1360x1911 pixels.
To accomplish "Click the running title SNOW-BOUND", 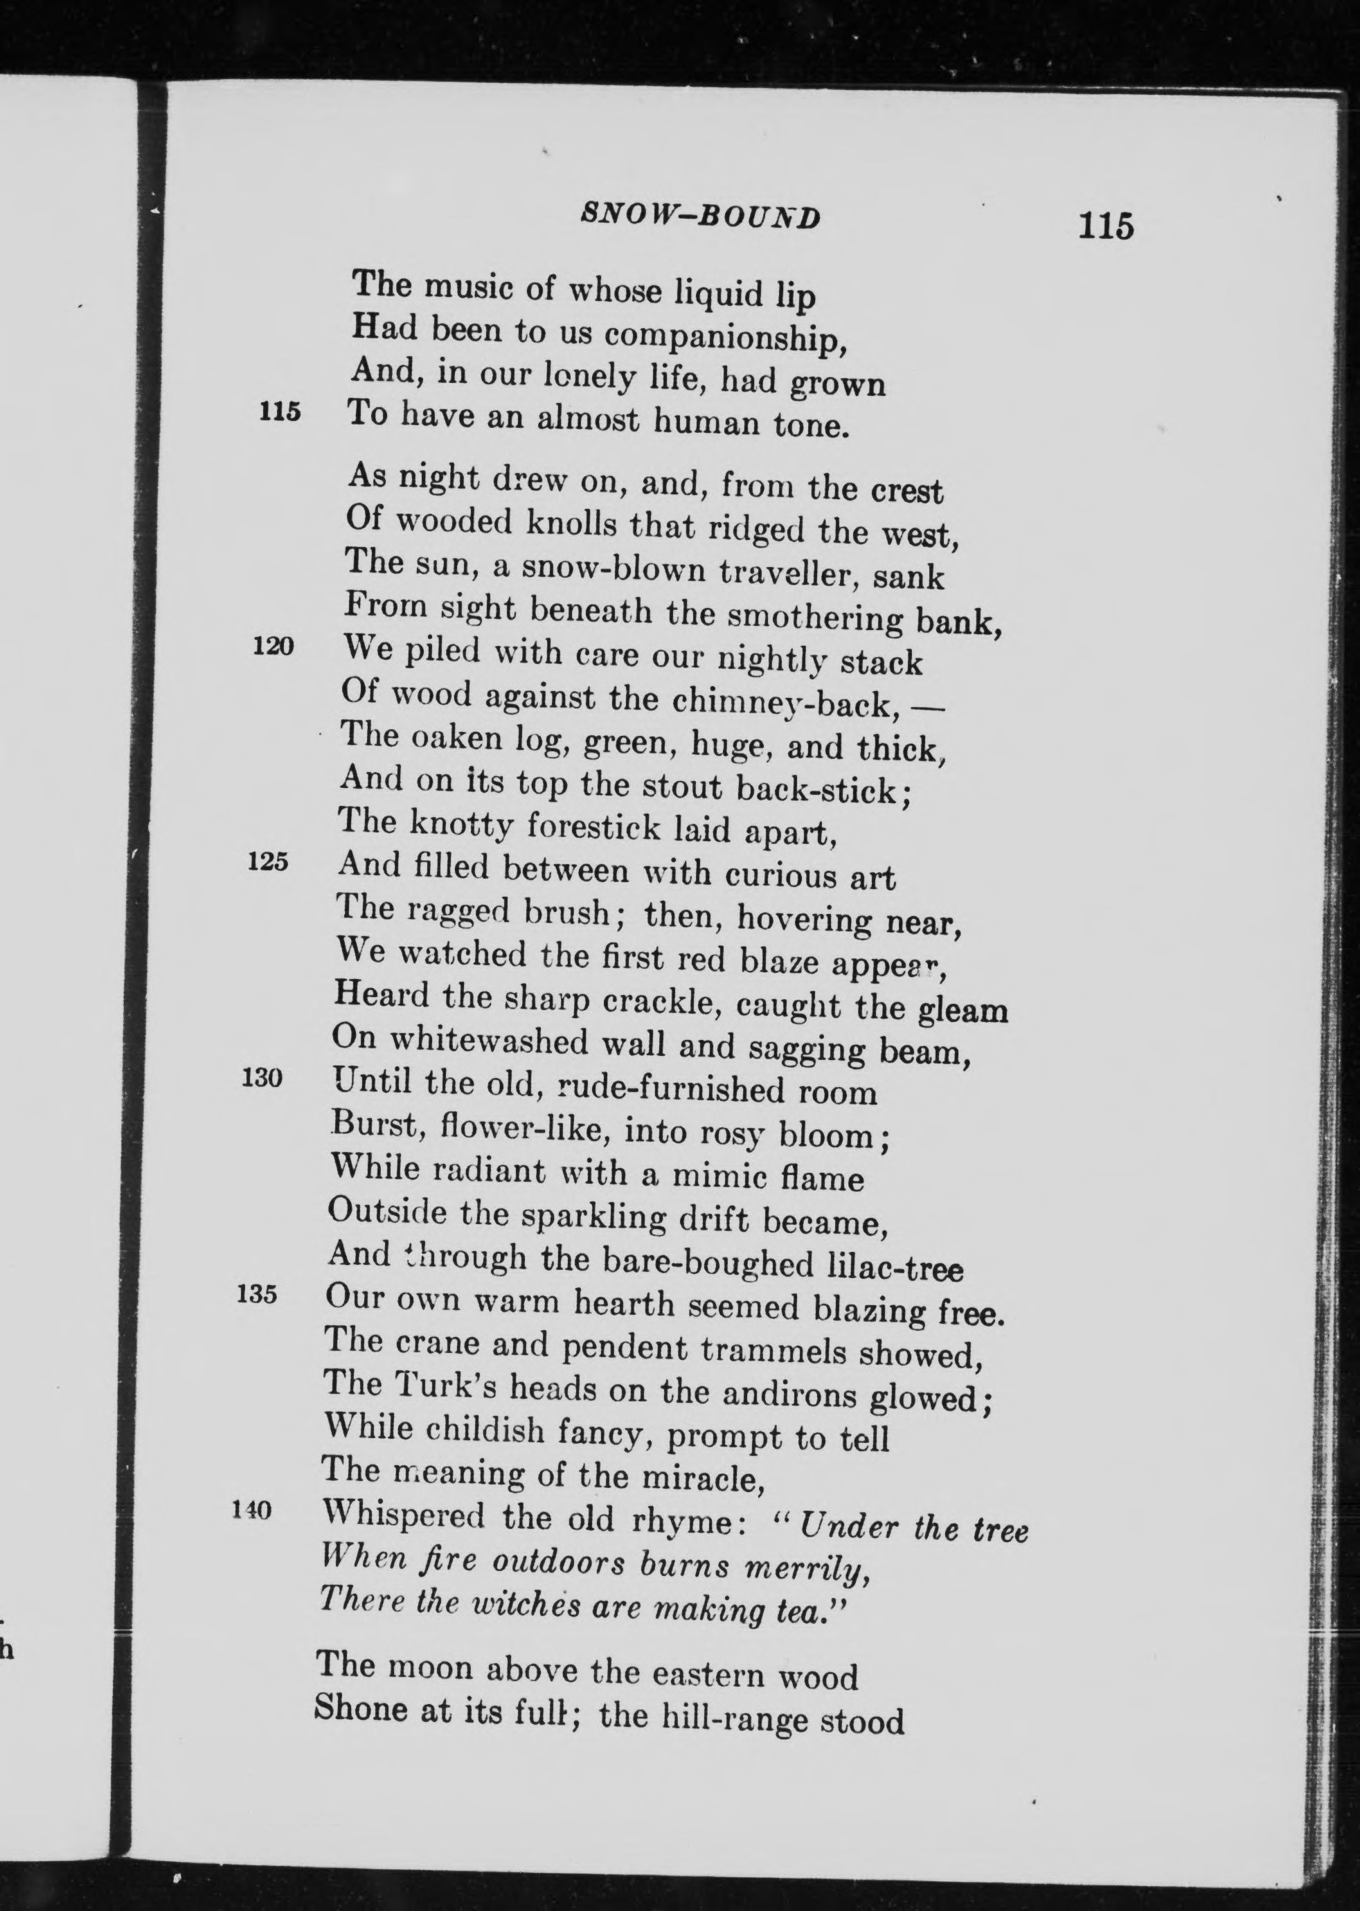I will point(700,217).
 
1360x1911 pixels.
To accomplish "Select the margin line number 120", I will point(273,647).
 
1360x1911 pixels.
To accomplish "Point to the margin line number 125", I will point(268,862).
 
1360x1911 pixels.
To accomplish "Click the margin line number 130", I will point(261,1078).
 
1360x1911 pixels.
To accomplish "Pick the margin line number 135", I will point(257,1294).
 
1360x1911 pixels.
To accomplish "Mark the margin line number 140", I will point(252,1510).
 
